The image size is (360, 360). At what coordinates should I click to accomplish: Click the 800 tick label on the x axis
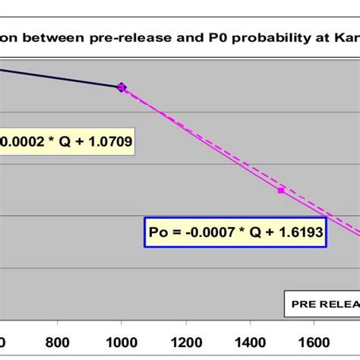(61, 343)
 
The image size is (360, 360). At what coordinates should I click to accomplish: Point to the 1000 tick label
(121, 343)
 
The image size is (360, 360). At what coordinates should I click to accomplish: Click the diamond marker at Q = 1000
(122, 88)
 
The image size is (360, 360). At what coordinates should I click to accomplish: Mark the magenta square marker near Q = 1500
(281, 191)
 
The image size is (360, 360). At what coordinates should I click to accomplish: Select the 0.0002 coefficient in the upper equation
(23, 141)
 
